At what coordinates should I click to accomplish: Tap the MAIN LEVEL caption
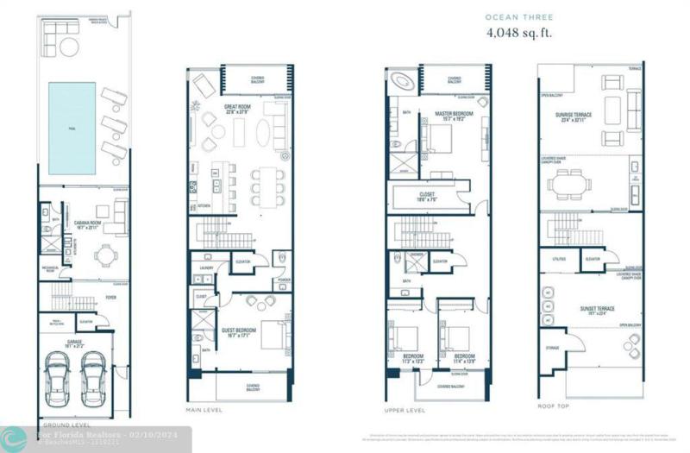pyautogui.click(x=205, y=409)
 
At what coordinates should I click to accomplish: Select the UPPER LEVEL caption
pyautogui.click(x=405, y=409)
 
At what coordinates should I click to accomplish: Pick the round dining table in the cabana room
pyautogui.click(x=105, y=254)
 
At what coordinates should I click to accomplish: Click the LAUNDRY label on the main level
pyautogui.click(x=205, y=268)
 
